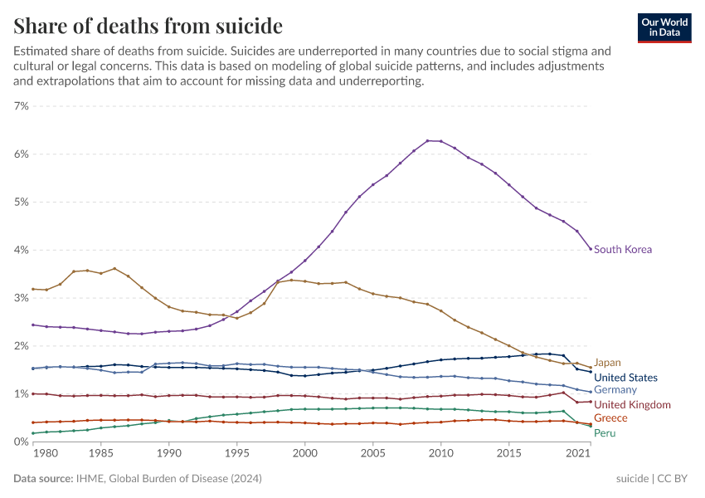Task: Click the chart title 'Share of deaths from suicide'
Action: click(148, 26)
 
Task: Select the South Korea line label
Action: click(623, 249)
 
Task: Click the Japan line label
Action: click(607, 363)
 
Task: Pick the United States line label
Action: click(625, 378)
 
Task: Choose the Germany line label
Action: click(615, 390)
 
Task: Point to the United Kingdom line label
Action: click(632, 405)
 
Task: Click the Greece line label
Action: click(610, 418)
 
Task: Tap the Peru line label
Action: click(605, 432)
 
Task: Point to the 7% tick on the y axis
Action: click(21, 106)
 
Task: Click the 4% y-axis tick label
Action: click(21, 250)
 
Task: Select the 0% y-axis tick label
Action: click(21, 442)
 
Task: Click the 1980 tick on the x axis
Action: click(46, 454)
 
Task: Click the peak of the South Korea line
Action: click(428, 140)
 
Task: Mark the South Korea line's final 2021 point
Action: click(591, 249)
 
